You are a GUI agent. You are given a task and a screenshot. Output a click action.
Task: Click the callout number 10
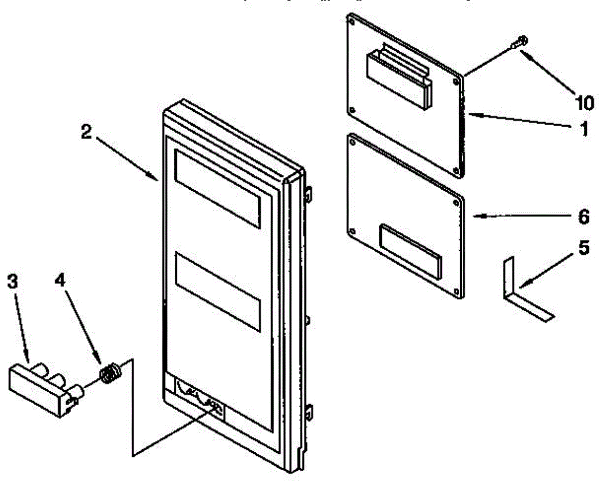(x=583, y=103)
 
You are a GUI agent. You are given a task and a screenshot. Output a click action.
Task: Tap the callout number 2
(x=86, y=132)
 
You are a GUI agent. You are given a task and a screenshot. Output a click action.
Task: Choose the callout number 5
(x=584, y=249)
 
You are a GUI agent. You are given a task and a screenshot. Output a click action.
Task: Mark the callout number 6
(x=584, y=217)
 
